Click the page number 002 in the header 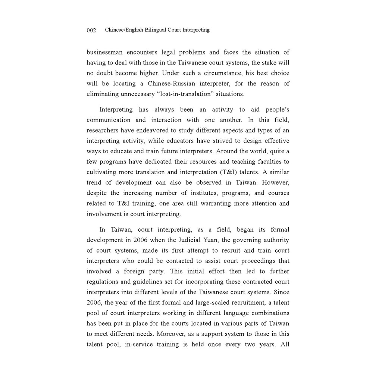pos(91,30)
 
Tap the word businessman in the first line pos(104,52)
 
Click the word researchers pos(103,131)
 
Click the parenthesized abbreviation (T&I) pos(229,172)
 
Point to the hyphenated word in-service pos(139,344)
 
